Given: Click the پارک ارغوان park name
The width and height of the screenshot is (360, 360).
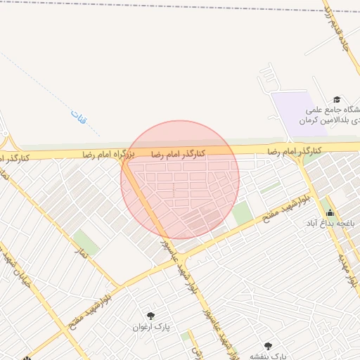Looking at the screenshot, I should [152, 327].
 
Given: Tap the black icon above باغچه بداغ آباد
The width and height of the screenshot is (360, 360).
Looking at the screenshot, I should [330, 212].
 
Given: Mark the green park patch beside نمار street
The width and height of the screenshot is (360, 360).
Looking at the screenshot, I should [85, 240].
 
